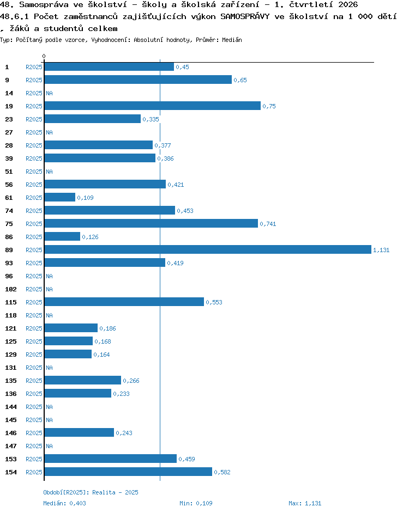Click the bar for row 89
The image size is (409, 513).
(208, 249)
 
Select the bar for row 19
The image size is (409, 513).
(152, 106)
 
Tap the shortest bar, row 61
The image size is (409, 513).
(59, 197)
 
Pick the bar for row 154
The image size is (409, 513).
(128, 472)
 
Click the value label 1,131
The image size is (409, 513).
(381, 250)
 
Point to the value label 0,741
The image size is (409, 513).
(268, 224)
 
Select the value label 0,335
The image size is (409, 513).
(151, 119)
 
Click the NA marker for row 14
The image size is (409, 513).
(49, 93)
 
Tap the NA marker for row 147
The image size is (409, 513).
(49, 446)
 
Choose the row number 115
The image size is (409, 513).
(11, 302)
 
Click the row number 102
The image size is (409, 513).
(11, 289)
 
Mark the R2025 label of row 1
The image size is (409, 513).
(34, 67)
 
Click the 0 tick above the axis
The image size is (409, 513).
(44, 56)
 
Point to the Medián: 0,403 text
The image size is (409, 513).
(64, 503)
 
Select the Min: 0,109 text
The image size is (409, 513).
(196, 503)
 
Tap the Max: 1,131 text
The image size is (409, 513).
(305, 503)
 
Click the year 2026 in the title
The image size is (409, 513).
(348, 4)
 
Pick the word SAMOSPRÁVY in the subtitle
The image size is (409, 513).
(245, 16)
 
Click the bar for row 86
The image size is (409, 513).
(62, 236)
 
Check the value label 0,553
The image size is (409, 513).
(214, 302)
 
